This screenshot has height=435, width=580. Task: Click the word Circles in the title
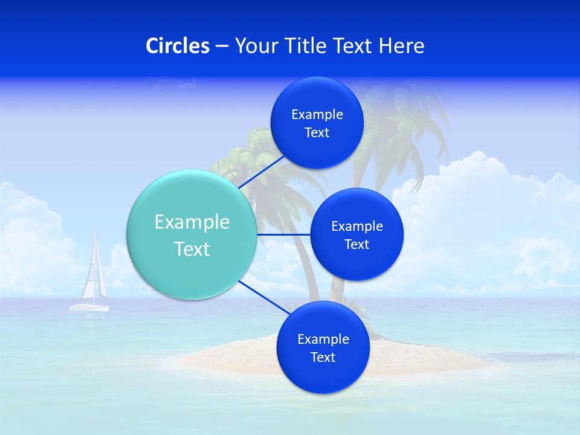pyautogui.click(x=178, y=46)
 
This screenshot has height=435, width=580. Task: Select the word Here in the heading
pyautogui.click(x=402, y=46)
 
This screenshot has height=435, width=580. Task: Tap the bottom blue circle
pyautogui.click(x=323, y=378)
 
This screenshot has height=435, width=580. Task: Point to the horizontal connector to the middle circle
pyautogui.click(x=283, y=234)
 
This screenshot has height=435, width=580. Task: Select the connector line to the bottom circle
pyautogui.click(x=263, y=297)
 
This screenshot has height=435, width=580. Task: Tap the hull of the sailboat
pyautogui.click(x=89, y=308)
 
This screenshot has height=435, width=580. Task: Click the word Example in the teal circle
pyautogui.click(x=192, y=222)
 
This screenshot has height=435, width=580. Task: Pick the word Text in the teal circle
pyautogui.click(x=192, y=249)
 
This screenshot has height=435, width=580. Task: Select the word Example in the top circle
pyautogui.click(x=317, y=115)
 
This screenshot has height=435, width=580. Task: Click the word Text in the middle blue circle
pyautogui.click(x=356, y=245)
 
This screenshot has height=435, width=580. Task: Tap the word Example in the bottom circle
pyautogui.click(x=323, y=340)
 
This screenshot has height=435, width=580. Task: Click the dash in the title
pyautogui.click(x=221, y=46)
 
